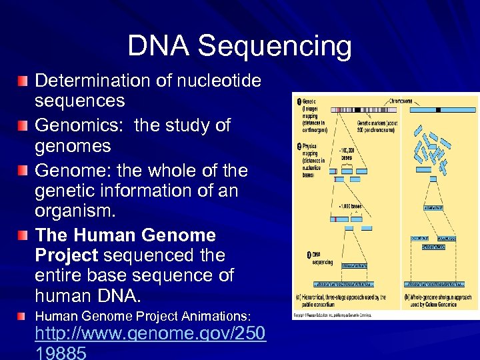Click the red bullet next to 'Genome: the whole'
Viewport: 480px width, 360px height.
pos(24,171)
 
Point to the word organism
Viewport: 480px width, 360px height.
pos(75,212)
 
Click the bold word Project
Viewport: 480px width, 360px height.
pos(66,255)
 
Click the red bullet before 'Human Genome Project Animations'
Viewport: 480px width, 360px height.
pos(24,315)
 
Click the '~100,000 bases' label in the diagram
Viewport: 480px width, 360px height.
pos(351,153)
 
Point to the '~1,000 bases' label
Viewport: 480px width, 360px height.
pos(349,206)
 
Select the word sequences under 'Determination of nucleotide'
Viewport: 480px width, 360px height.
pos(79,101)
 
